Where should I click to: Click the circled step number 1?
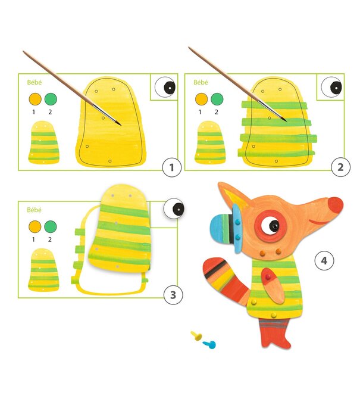[x=171, y=167]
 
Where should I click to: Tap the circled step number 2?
[x=340, y=167]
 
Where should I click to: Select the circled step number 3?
[x=173, y=295]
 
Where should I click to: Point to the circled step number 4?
[x=324, y=261]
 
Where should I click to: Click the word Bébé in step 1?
[x=35, y=82]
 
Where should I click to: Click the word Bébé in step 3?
[x=35, y=210]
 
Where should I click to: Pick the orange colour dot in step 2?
[x=201, y=99]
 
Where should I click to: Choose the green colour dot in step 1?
[x=51, y=99]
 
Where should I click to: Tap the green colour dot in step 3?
[x=51, y=226]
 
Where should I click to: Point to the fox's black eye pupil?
[x=274, y=225]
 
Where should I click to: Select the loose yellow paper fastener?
[x=196, y=336]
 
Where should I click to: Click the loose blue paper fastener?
[x=209, y=344]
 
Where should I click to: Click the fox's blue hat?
[x=226, y=229]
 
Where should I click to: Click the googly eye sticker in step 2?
[x=331, y=87]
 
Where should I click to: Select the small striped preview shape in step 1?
[x=43, y=142]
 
